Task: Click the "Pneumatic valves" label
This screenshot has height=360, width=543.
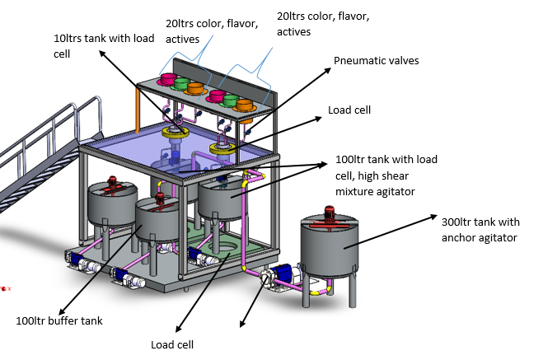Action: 376,61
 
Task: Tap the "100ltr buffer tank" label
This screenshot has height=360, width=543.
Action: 59,321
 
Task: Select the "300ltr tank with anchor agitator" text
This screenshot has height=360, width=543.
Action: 480,230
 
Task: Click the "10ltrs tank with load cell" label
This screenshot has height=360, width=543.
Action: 104,45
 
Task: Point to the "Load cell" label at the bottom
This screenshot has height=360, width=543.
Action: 172,345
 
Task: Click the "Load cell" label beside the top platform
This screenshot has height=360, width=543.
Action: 349,110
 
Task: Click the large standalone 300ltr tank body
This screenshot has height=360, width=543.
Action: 329,247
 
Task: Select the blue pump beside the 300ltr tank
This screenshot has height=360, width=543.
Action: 281,272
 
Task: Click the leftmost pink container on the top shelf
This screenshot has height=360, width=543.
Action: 168,80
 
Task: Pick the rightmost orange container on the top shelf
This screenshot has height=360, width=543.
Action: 245,106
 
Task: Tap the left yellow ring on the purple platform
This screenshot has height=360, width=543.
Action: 175,133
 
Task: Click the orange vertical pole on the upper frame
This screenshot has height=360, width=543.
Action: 138,110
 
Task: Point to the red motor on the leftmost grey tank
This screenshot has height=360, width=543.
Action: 113,182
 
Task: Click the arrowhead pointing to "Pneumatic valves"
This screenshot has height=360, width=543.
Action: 327,70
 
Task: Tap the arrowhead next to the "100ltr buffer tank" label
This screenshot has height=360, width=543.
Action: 62,311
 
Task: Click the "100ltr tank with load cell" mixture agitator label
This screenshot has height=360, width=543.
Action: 386,175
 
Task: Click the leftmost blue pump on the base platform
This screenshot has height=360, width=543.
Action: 74,259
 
